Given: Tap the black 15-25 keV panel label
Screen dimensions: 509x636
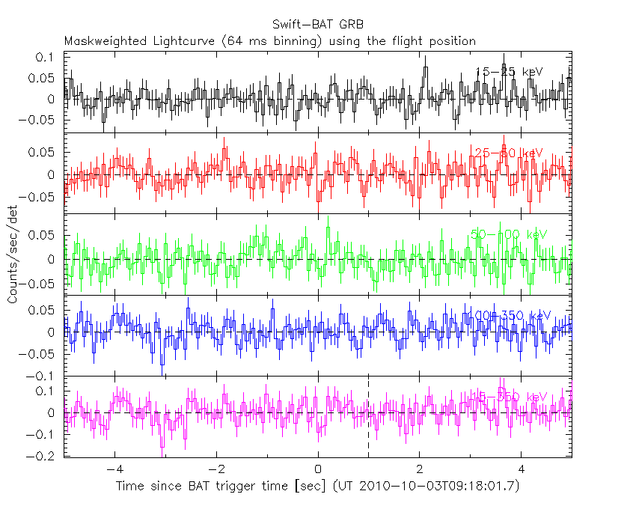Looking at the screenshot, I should coord(509,72).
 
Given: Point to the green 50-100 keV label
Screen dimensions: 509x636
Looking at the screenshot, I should coord(509,234).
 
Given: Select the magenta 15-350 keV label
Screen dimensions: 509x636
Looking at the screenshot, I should coord(509,397).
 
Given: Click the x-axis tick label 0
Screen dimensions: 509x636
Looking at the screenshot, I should coord(318,471).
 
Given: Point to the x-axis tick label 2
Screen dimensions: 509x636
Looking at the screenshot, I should coord(420,471).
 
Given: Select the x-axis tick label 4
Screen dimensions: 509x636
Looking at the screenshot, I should coord(522,471).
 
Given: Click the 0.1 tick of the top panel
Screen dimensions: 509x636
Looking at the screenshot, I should coord(46,58).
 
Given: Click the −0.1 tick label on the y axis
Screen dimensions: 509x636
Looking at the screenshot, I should coord(43,376).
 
